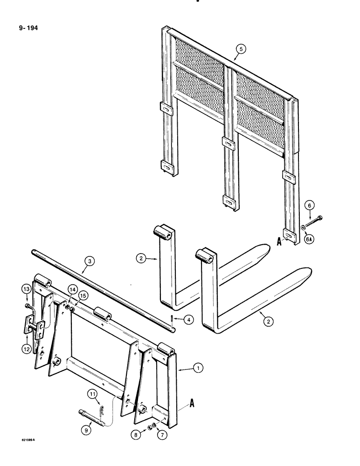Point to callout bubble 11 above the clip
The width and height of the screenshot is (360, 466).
click(93, 394)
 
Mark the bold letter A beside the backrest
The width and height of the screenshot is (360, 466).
click(279, 242)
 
